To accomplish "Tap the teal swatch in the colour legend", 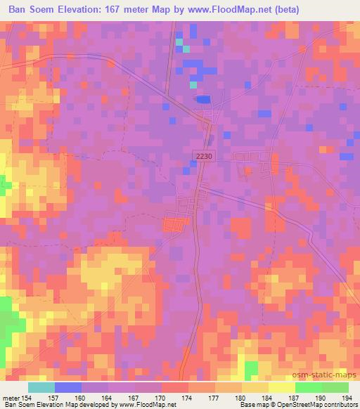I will pos(41,387).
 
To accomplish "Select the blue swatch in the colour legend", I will pos(68,387).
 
